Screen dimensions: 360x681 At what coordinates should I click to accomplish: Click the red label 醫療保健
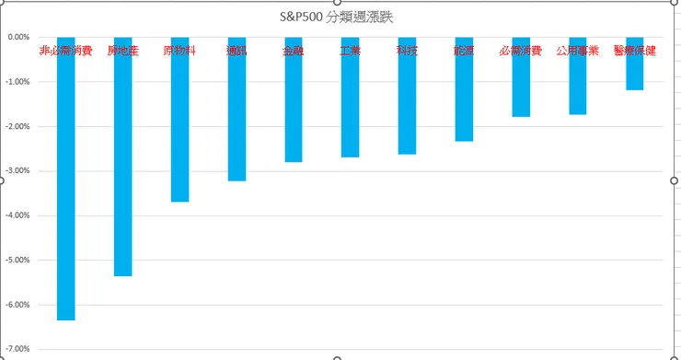tap(634, 51)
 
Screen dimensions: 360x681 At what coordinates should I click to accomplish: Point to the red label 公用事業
tap(578, 51)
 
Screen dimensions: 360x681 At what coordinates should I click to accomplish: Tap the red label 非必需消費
tap(66, 51)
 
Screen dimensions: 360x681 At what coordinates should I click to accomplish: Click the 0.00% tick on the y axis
tap(18, 38)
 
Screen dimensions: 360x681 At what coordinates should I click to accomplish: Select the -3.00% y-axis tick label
tap(18, 171)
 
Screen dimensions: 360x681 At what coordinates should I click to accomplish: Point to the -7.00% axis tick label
tap(18, 349)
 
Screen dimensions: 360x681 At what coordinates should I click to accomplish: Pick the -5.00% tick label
tap(18, 260)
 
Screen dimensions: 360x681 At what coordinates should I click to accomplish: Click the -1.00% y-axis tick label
tap(18, 82)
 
